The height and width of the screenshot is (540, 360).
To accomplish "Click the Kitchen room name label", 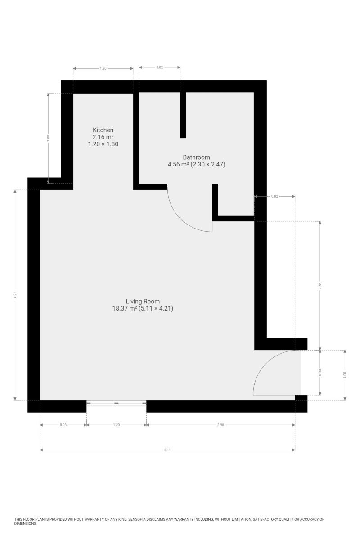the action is pos(103,130).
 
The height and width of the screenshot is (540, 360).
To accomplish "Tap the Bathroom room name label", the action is pos(196,157).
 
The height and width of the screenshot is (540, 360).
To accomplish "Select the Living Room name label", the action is pos(143,301).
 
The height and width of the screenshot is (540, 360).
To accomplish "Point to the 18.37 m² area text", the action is pos(125,308).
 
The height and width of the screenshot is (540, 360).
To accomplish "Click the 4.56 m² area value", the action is pos(178,164).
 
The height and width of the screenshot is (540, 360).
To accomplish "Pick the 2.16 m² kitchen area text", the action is pos(103,137).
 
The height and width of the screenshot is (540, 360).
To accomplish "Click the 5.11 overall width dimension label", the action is pos(167,450).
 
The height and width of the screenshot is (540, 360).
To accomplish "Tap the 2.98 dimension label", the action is pos(220,425).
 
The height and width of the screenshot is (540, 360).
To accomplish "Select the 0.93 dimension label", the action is pos(63,425).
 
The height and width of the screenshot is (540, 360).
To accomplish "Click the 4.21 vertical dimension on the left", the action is pos(15,295).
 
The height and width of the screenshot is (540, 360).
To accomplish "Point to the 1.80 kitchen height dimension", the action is pos(48,138).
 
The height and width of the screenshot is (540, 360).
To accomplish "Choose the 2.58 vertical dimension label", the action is pos(320,286).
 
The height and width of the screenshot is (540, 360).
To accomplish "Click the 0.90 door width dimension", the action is pos(320,373).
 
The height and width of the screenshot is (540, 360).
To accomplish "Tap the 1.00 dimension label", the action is pos(345,375).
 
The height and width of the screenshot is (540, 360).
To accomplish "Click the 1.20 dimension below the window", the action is pos(116,425).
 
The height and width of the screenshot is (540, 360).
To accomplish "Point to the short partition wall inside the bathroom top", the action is pos(183,115).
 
